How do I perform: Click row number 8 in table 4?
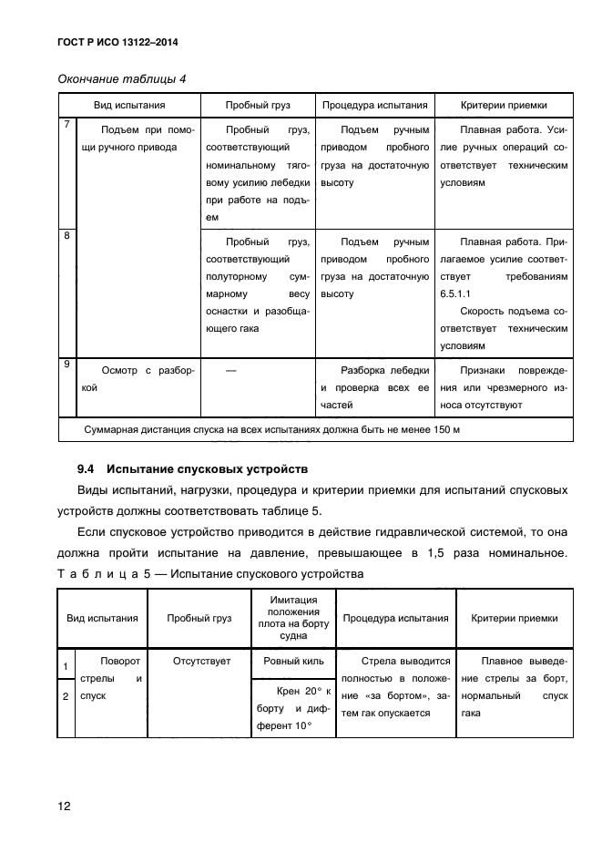[67, 236]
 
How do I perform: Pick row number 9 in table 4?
[67, 365]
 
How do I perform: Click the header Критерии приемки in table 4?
[504, 105]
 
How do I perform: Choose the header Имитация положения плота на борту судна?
[292, 617]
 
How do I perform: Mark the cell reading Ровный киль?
[292, 661]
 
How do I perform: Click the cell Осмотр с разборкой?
[138, 378]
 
